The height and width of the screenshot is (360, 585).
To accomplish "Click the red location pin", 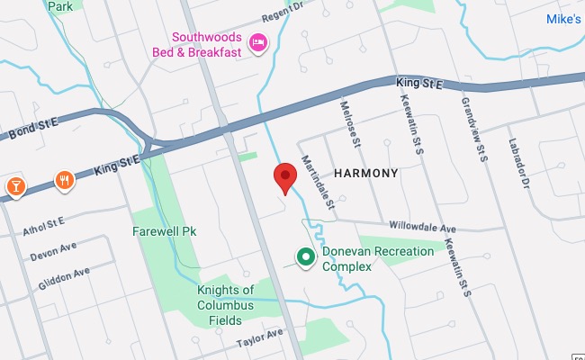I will pos(285,177).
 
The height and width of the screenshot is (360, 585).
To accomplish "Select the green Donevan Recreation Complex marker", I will pos(306,258).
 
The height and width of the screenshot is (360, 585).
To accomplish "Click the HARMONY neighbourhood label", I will pos(365,172).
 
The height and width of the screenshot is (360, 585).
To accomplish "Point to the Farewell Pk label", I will pos(164,231).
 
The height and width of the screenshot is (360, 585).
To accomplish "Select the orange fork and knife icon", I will pos(64,180).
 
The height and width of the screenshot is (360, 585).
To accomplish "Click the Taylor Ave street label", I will pos(259,338).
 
